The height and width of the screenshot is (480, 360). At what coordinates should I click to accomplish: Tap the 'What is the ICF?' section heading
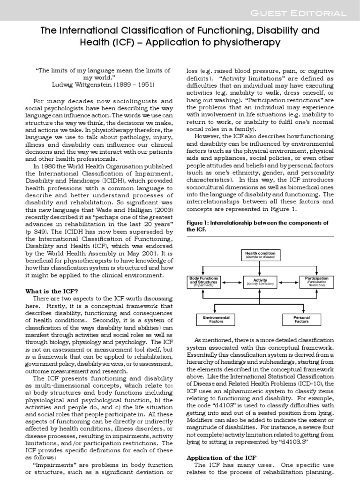point(51,291)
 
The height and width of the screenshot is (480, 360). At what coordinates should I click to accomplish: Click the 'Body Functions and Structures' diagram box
point(203,281)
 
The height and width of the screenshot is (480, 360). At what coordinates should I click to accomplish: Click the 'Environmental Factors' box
point(216,319)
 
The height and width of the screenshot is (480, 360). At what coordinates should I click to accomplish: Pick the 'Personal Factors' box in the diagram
point(301,319)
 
